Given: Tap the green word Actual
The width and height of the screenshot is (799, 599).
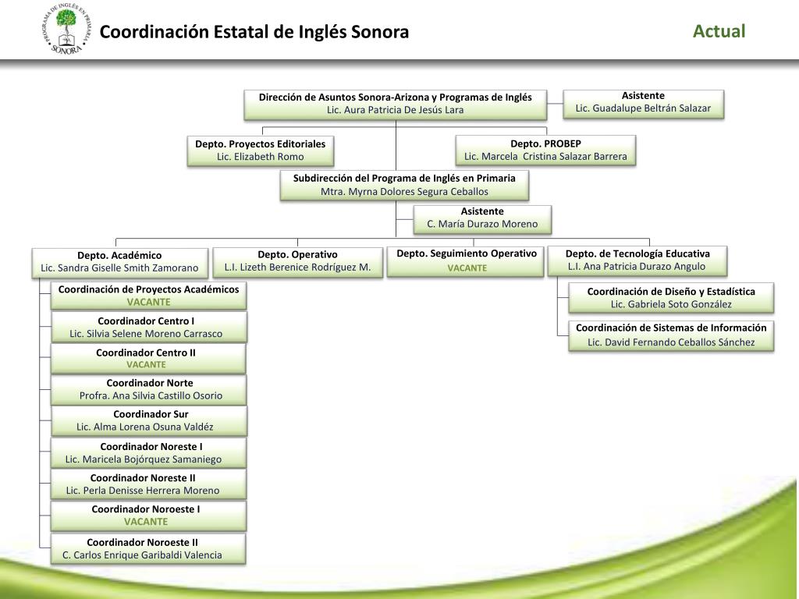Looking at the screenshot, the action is (x=719, y=31).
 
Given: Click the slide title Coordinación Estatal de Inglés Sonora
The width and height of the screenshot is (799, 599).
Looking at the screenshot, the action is (x=254, y=32).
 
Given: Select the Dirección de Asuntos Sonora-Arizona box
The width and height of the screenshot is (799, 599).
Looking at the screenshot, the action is (x=395, y=104).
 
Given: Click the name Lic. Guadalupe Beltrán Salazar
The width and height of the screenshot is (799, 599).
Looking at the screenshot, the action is (x=643, y=108).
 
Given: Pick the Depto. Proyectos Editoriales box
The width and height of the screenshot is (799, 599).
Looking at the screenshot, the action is (x=260, y=151).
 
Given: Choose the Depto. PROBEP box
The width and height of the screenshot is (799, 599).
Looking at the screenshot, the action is (x=545, y=150).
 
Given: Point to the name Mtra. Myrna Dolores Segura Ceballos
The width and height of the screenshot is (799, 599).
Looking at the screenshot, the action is (x=404, y=191).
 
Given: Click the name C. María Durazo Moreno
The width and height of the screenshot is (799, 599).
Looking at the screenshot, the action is (x=482, y=224).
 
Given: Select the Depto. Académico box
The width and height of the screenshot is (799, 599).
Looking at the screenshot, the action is (x=119, y=262).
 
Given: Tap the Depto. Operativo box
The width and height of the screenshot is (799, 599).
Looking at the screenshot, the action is (x=297, y=261).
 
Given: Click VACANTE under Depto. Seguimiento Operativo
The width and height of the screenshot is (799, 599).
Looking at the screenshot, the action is (x=467, y=268).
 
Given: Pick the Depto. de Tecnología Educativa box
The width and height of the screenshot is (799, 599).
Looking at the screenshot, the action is (x=637, y=260).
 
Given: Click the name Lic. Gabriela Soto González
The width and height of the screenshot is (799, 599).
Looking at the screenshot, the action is (x=671, y=304).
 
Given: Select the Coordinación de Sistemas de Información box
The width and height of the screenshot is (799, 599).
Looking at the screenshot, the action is (x=671, y=335).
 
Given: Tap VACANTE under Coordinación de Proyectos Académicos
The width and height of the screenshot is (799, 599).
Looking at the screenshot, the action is (x=148, y=302).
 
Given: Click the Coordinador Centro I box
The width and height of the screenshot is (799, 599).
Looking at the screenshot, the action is (x=148, y=327).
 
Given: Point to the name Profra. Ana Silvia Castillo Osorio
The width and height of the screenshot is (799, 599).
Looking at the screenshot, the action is (x=151, y=395).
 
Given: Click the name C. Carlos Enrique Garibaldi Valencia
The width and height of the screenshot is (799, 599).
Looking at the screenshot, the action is (x=142, y=555).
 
